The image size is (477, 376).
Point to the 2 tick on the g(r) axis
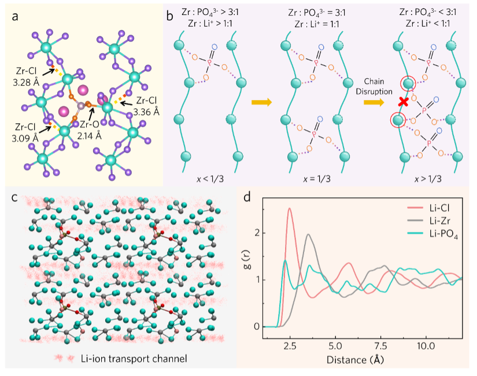[x=257, y=233]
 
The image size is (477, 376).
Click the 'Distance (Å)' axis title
[x=354, y=359]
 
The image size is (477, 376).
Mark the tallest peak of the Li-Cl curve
[x=289, y=209]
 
